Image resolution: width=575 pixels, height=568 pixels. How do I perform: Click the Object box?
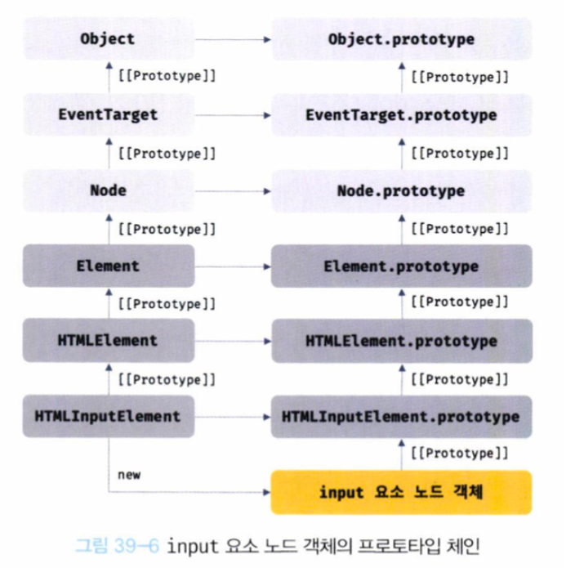[108, 38]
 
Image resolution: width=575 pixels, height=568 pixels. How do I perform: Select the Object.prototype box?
[401, 38]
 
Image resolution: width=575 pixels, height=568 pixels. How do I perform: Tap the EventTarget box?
[108, 114]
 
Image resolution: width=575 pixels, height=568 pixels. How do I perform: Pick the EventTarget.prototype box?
[401, 114]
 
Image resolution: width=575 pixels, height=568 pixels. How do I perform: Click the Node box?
[108, 190]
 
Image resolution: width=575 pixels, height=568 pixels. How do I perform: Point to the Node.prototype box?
[401, 190]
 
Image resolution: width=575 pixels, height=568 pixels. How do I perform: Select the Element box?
[108, 266]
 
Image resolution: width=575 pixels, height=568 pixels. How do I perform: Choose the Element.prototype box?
[401, 266]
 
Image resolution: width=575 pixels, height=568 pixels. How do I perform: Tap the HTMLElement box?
[108, 341]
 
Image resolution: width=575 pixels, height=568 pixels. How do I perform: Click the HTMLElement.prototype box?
[401, 341]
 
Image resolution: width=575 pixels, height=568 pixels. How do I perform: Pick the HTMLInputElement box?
[108, 416]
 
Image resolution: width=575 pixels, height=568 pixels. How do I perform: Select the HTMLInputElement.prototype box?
[401, 416]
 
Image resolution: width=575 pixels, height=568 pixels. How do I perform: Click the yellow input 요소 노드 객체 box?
[401, 492]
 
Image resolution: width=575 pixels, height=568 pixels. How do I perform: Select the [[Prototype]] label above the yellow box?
[461, 454]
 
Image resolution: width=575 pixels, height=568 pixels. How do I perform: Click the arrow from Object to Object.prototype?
[233, 38]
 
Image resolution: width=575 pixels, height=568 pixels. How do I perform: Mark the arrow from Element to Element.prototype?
[233, 266]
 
